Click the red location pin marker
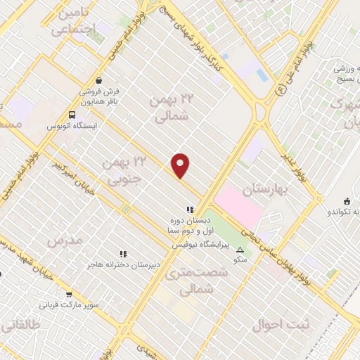tap(181, 165)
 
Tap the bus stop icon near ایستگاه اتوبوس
tap(72, 115)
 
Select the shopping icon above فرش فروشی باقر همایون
tap(99, 80)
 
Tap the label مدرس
tap(65, 240)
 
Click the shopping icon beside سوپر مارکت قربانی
tap(69, 295)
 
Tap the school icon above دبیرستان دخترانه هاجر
tap(124, 253)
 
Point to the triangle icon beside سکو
tap(240, 250)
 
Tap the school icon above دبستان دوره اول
tap(189, 209)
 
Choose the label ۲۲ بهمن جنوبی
tap(119, 170)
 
